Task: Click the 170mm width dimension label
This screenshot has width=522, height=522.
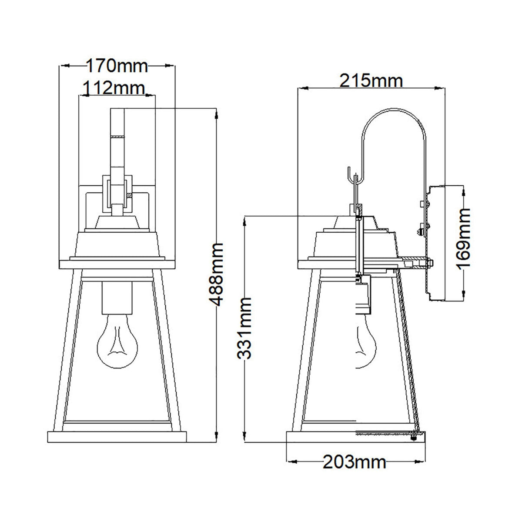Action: [117, 66]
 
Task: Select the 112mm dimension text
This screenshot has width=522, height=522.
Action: [113, 89]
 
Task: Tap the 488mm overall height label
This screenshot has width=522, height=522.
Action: [216, 275]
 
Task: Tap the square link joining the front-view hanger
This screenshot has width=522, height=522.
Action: [117, 190]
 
